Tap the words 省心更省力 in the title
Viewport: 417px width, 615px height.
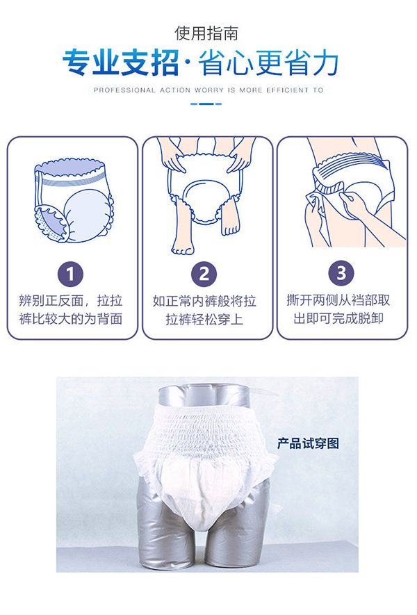pos(269,63)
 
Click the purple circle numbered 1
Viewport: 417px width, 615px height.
pos(70,273)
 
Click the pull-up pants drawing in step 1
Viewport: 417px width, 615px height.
pos(74,202)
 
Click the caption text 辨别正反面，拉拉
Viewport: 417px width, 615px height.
pos(71,301)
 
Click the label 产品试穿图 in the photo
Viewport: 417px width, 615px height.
pos(308,443)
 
